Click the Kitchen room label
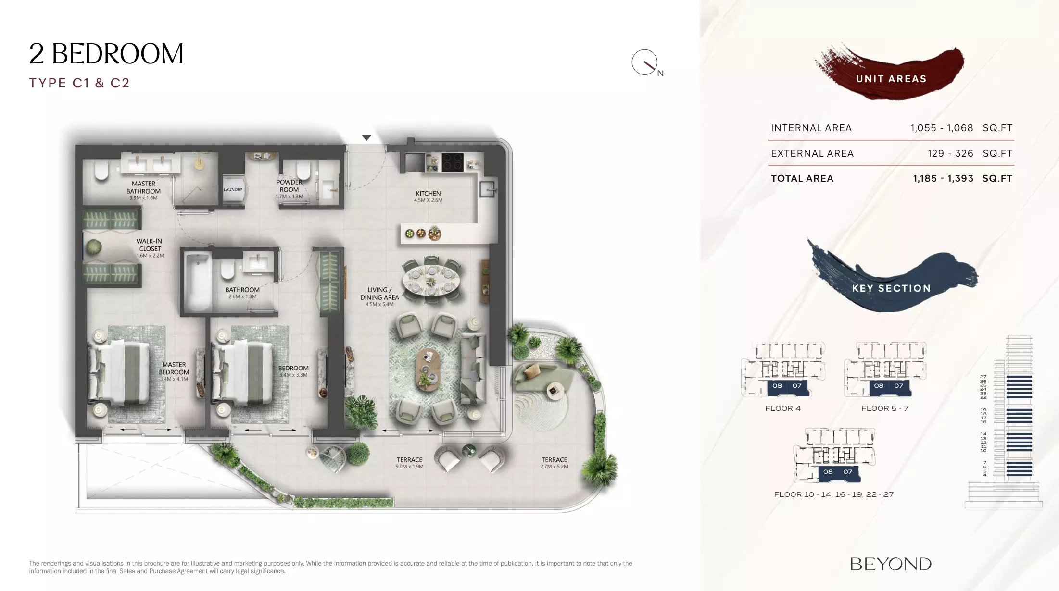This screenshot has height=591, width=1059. [x=428, y=197]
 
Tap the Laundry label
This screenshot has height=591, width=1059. [x=233, y=189]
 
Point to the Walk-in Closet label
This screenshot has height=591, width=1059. [x=150, y=248]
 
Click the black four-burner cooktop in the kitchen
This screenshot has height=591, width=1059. [x=452, y=162]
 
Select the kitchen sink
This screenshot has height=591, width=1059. [x=488, y=189]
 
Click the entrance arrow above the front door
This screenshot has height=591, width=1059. [x=366, y=138]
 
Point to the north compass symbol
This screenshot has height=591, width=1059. [x=645, y=62]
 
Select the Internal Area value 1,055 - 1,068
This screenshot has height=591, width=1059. [x=942, y=128]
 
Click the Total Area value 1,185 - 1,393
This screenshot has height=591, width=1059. [x=943, y=179]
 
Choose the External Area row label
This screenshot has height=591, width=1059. [x=812, y=154]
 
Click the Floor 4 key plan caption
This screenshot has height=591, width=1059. [x=783, y=408]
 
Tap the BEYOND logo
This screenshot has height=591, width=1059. [x=891, y=564]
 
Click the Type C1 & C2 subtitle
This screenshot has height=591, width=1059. [x=79, y=83]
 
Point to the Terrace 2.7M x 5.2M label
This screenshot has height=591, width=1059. [x=554, y=463]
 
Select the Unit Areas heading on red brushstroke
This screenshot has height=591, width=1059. [x=891, y=79]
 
